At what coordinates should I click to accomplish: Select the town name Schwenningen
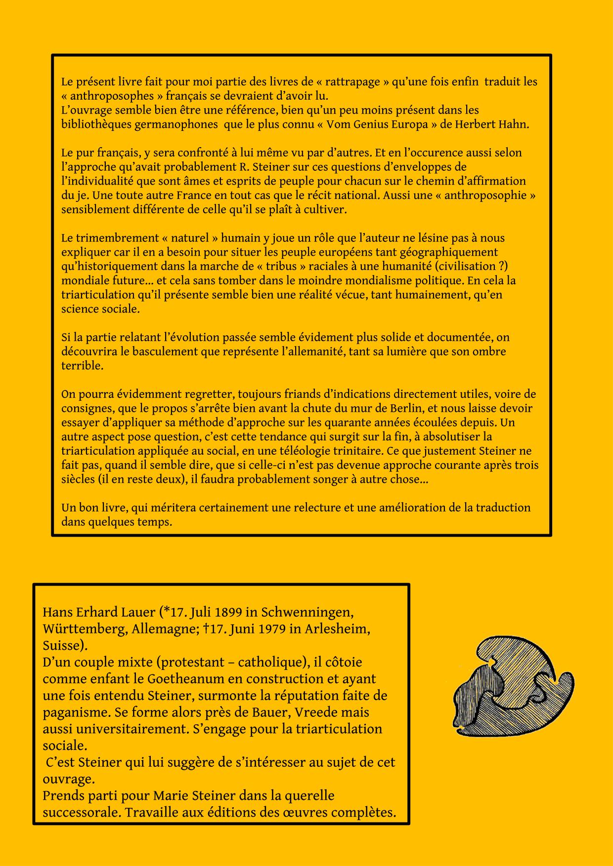tap(306, 613)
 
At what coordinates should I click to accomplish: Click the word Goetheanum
tap(173, 679)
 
